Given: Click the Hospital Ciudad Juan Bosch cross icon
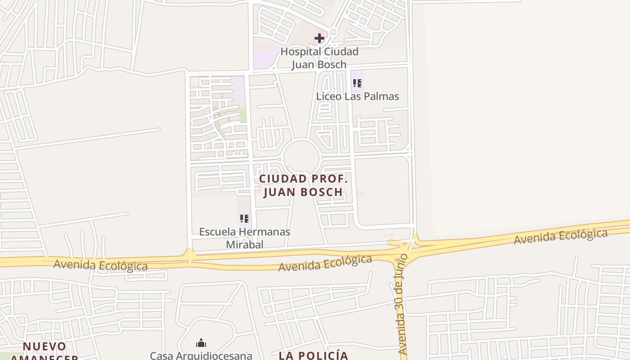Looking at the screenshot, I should tap(319, 38).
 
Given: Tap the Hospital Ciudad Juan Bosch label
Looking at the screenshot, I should tap(319, 58).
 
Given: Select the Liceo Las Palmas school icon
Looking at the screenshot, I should tap(357, 83).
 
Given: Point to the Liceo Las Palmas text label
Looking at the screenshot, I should tap(357, 96).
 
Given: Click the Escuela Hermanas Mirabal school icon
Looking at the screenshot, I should tap(244, 219).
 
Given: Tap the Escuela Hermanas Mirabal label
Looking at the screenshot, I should tap(244, 238).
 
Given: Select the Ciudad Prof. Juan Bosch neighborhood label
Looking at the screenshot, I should tap(303, 185).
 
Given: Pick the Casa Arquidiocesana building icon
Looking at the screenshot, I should tap(201, 343).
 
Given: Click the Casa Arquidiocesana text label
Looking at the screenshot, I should tap(201, 355).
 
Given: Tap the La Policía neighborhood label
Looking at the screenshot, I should tap(313, 355).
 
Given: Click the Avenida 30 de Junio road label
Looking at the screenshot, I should tap(402, 304).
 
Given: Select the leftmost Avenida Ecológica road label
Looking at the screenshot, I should tap(100, 265).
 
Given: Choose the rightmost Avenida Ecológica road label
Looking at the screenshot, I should tap(560, 237).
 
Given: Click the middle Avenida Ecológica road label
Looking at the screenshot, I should tap(325, 263).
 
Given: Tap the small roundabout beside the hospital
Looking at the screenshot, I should tap(333, 32).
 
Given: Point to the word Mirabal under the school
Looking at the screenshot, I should tap(244, 244).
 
